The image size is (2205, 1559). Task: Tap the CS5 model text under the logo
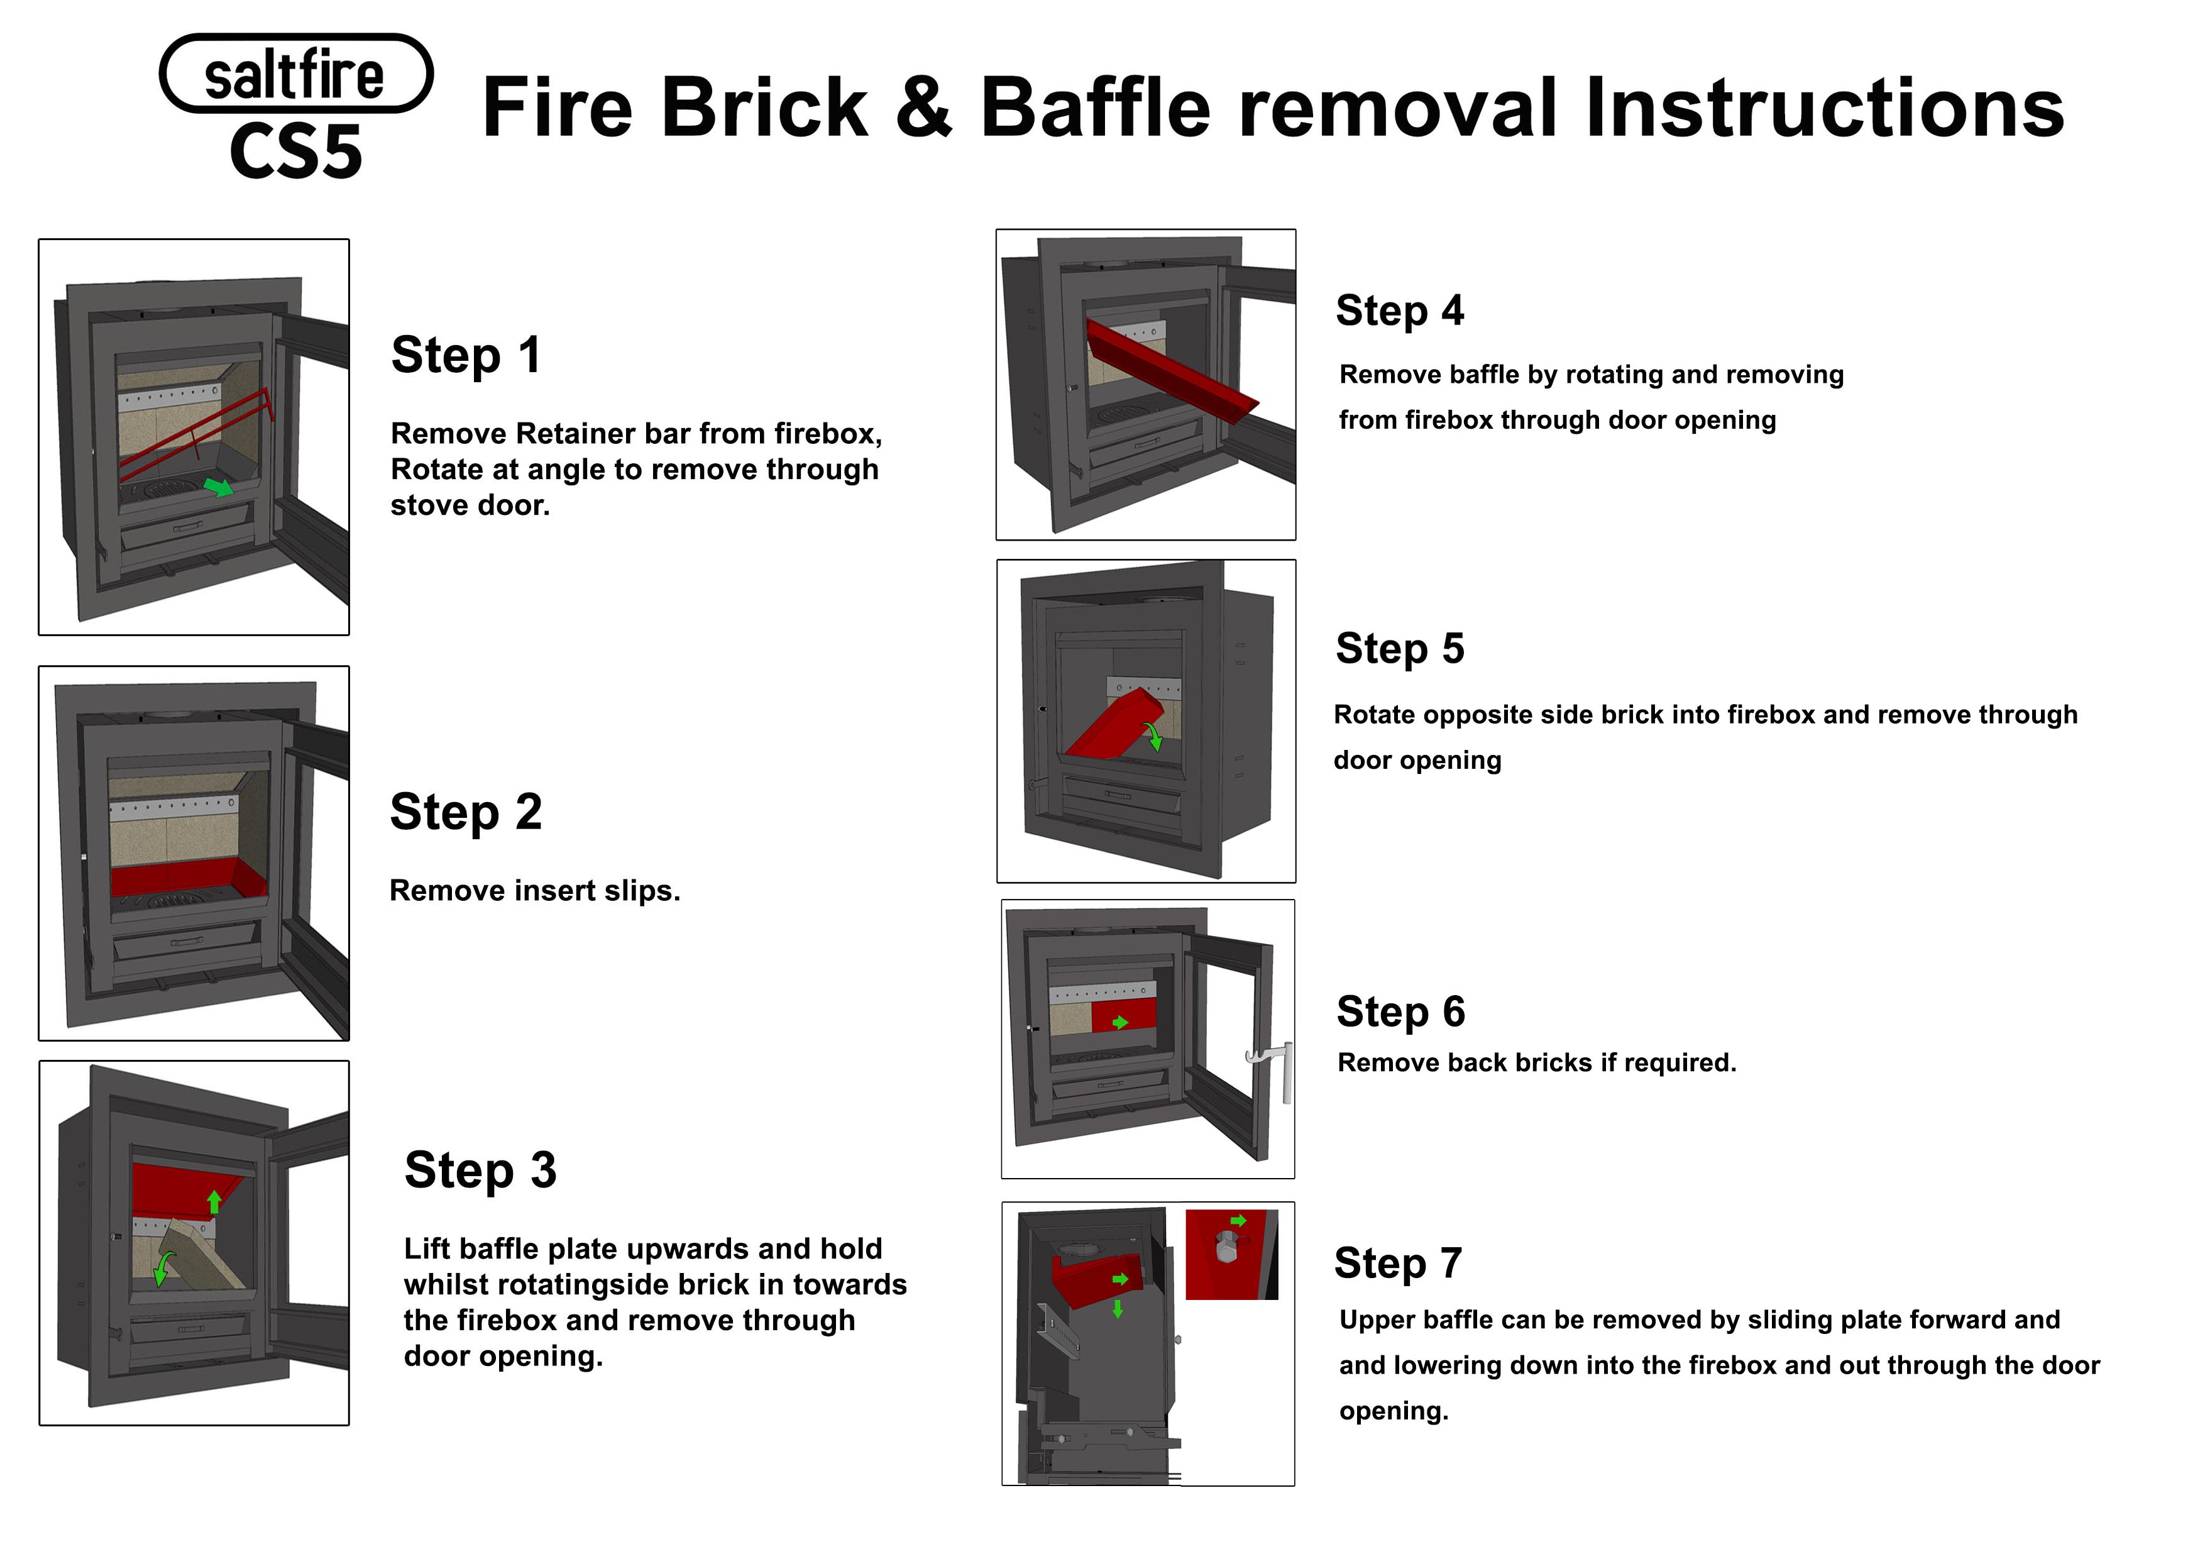[296, 151]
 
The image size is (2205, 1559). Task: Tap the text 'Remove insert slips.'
[534, 891]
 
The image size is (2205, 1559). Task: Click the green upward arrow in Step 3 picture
[214, 1201]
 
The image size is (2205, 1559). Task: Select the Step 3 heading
[480, 1170]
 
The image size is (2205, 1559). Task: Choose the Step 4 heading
[1399, 311]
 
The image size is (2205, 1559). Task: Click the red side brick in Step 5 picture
[1114, 725]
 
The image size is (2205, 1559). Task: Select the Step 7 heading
[1397, 1263]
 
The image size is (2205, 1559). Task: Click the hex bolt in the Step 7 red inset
[1226, 1248]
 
